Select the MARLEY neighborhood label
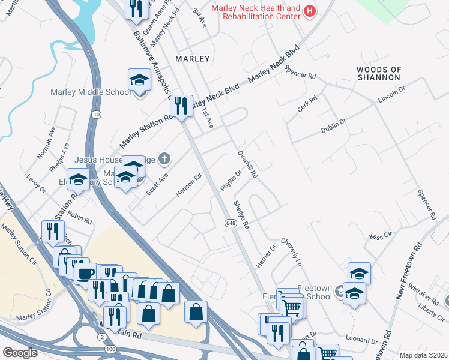tap(192, 59)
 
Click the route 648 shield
tap(231, 223)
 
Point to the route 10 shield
tap(97, 114)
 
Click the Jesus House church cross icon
tap(164, 159)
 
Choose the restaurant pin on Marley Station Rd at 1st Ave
tap(181, 106)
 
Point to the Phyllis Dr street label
tap(230, 179)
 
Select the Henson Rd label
tap(187, 185)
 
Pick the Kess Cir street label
tap(380, 235)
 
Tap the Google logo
tap(20, 353)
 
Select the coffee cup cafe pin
tap(83, 273)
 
